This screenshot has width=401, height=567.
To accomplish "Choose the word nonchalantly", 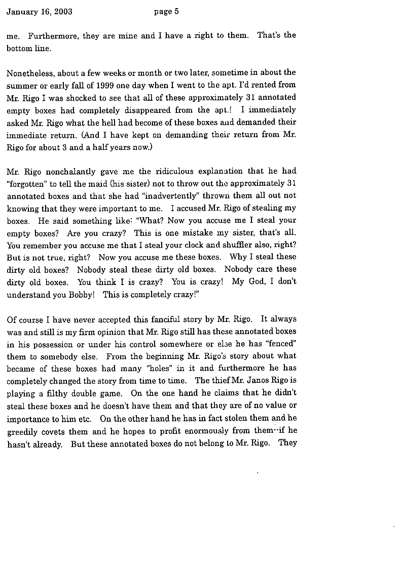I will (63, 172).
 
